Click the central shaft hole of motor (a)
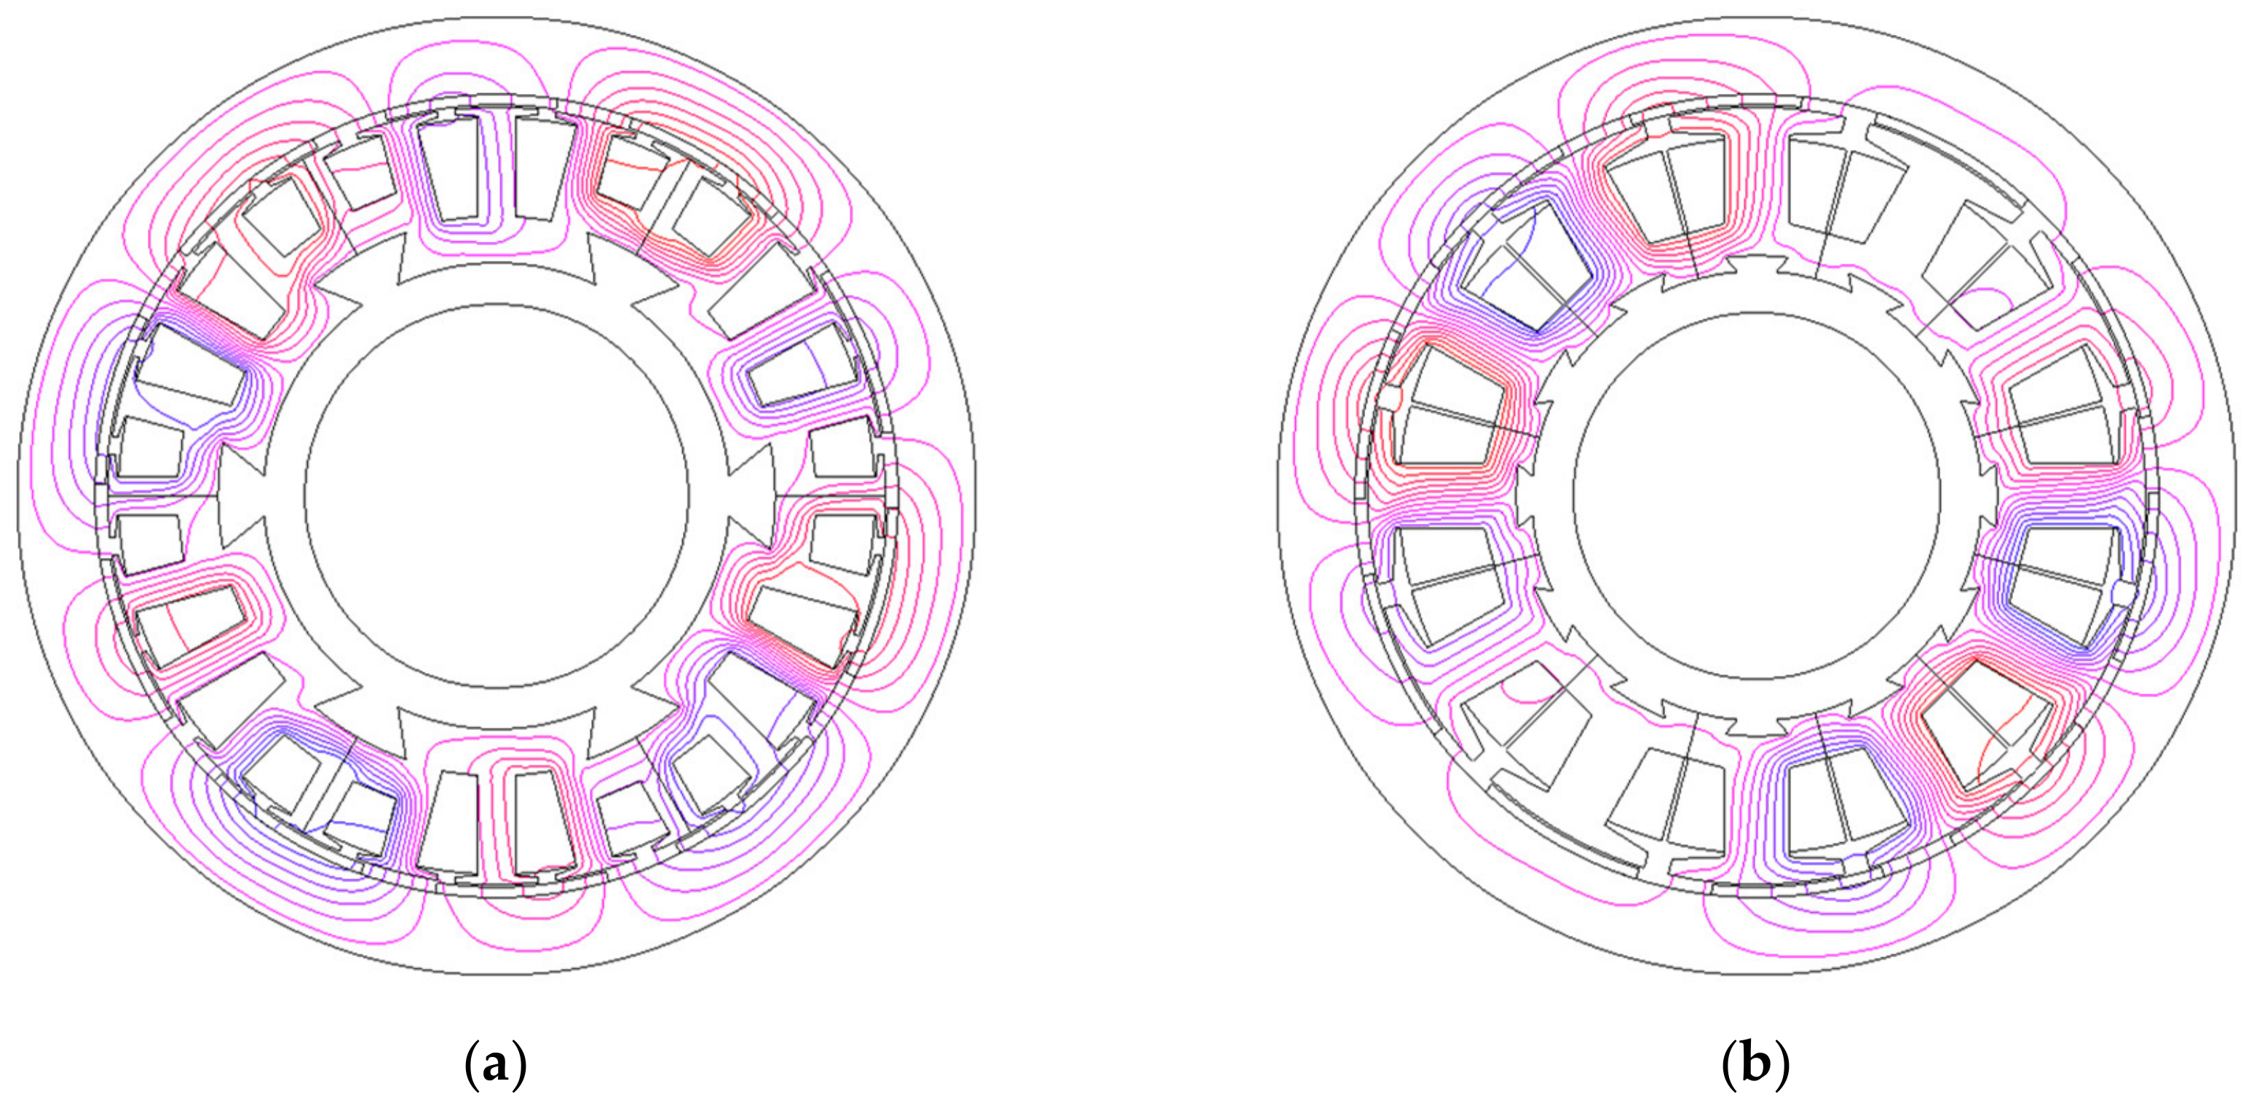pos(497,495)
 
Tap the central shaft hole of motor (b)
pos(1756,495)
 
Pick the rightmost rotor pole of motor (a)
pos(751,495)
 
